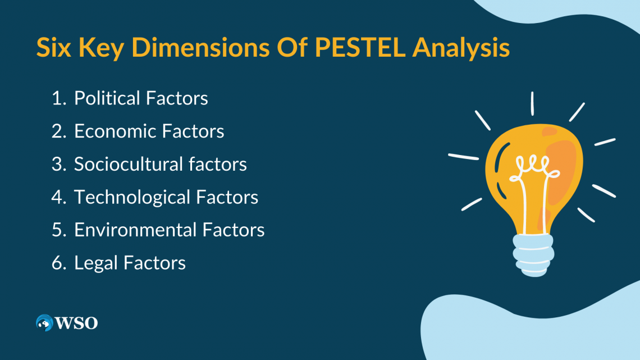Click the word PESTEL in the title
pyautogui.click(x=360, y=47)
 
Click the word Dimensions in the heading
pyautogui.click(x=200, y=47)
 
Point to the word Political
pyautogui.click(x=107, y=98)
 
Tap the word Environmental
pyautogui.click(x=135, y=230)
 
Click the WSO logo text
pyautogui.click(x=76, y=323)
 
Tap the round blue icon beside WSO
pyautogui.click(x=44, y=323)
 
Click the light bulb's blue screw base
pyautogui.click(x=533, y=255)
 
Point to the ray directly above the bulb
pyautogui.click(x=532, y=104)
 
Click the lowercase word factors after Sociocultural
pyautogui.click(x=218, y=164)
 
